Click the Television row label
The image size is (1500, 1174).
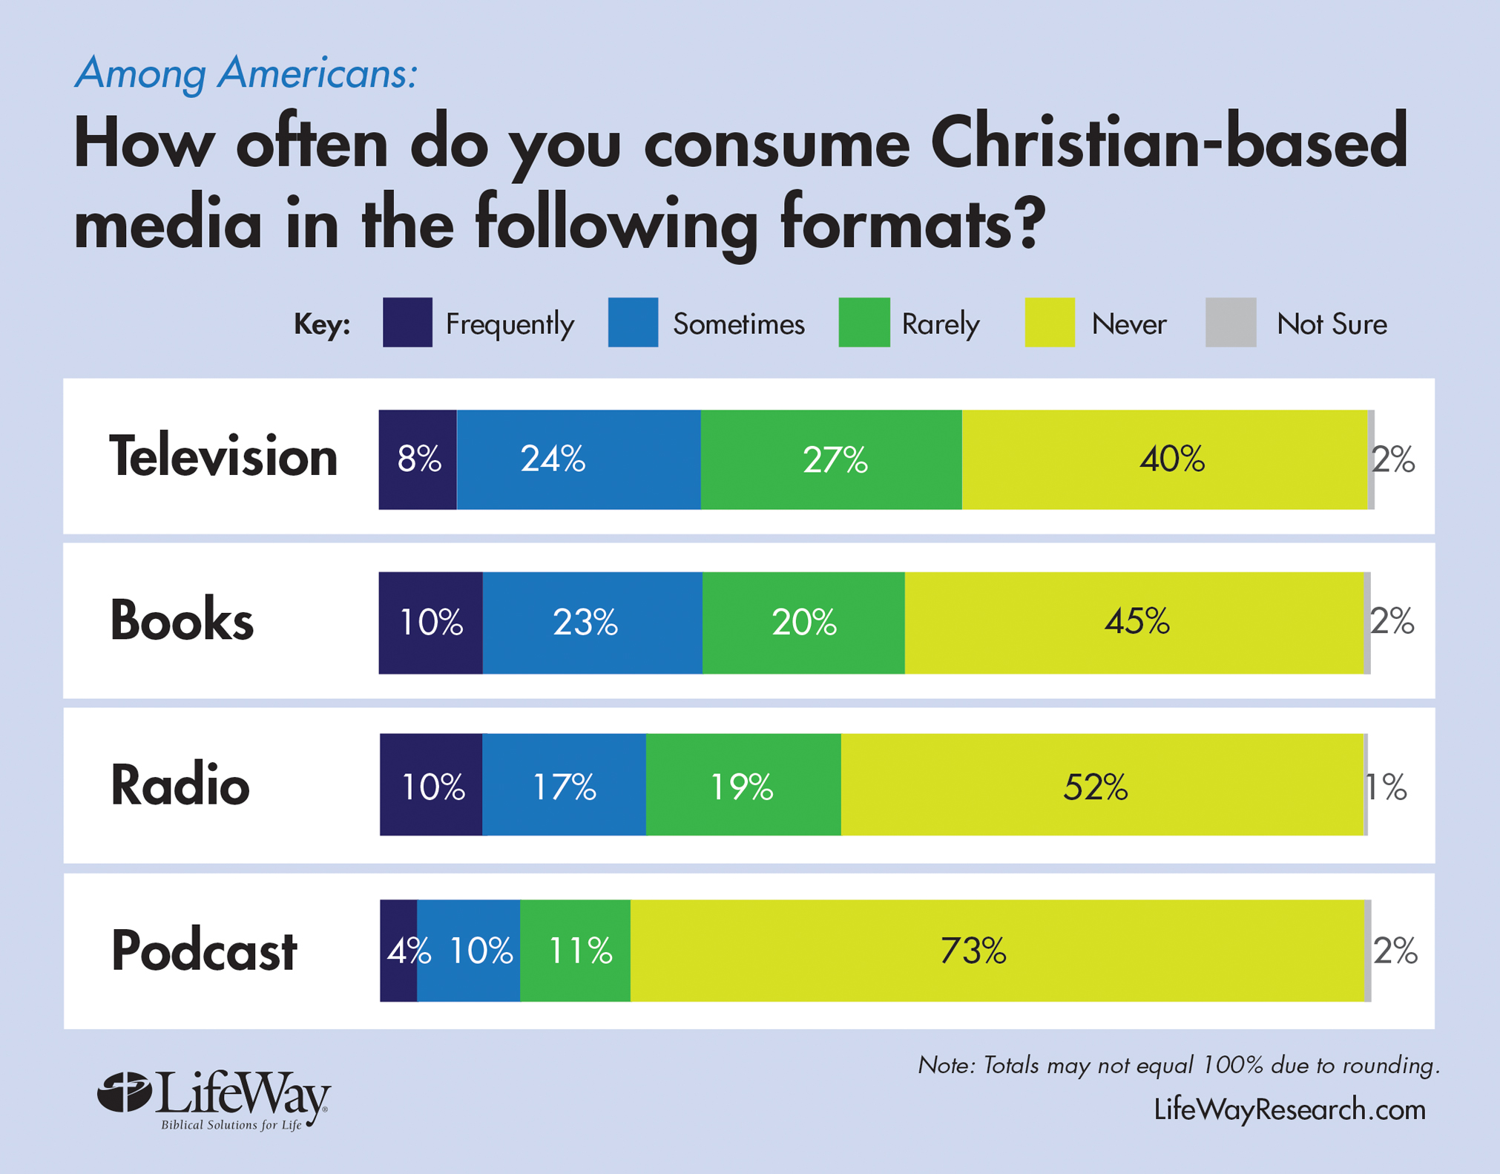coord(223,457)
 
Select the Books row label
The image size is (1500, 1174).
coord(182,620)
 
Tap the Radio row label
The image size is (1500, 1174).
coord(180,785)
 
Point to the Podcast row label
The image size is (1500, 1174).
coord(204,951)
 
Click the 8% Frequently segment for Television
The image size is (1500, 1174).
coord(418,459)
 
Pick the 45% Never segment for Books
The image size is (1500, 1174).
coord(1135,622)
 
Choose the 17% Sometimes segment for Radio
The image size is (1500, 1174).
coord(564,785)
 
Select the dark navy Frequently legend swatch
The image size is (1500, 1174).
coord(407,322)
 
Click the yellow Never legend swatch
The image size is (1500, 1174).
coord(1049,322)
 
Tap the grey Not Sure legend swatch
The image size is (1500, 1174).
coord(1231,322)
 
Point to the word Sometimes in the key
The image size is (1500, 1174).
coord(738,324)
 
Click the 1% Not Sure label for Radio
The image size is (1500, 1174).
coord(1386,787)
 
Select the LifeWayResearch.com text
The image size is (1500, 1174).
coord(1289,1109)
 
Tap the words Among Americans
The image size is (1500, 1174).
coord(246,73)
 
